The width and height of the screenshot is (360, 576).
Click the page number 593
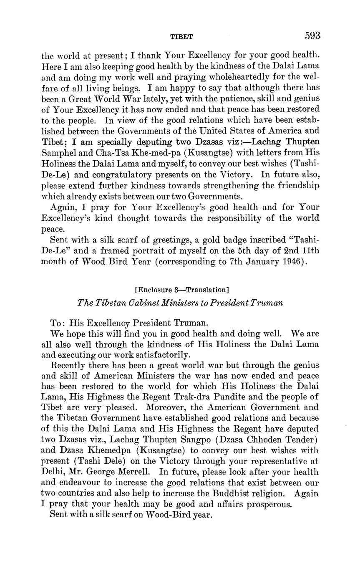312,35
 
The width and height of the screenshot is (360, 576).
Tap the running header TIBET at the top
181,37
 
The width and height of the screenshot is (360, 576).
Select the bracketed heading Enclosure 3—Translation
181,289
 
